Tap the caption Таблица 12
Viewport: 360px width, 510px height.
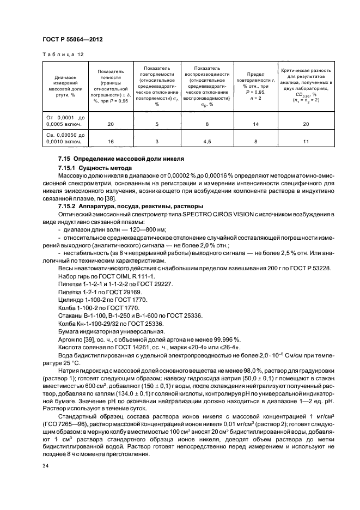[x=64, y=55]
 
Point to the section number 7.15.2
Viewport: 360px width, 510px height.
[x=69, y=207]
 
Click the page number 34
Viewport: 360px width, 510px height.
[x=46, y=466]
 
